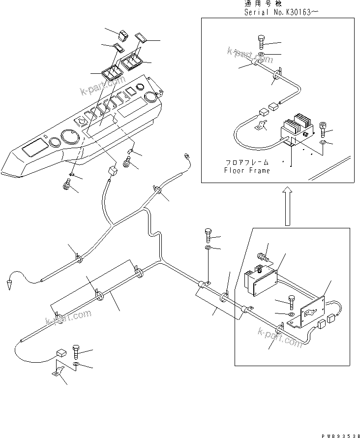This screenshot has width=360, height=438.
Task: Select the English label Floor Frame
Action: (247, 170)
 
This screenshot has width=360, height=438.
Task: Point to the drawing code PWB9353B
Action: (339, 433)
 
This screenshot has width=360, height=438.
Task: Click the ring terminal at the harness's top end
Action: (187, 156)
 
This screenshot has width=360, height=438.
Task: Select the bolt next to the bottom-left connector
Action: (76, 351)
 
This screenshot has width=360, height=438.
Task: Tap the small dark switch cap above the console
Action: (122, 34)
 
